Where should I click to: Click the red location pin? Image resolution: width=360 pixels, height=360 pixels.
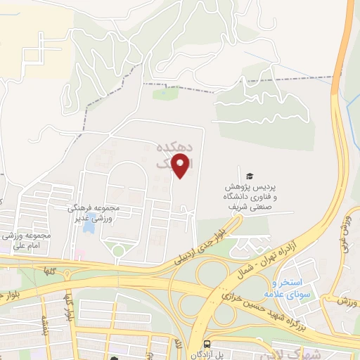tap(181, 166)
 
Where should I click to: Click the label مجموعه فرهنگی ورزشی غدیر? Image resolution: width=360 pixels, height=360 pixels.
tap(95, 214)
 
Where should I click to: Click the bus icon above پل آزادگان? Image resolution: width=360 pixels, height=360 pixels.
tap(207, 344)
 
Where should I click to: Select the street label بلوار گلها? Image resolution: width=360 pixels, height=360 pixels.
tap(69, 304)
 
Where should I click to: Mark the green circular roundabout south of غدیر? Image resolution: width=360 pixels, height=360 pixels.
tap(117, 250)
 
